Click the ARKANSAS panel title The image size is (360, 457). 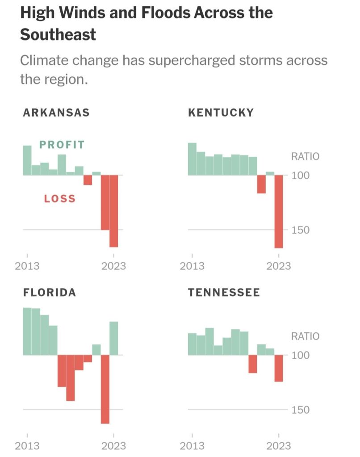[x=56, y=112]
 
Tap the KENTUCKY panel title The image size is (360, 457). [x=221, y=112]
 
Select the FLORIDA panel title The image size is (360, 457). [x=50, y=293]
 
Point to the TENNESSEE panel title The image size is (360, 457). [x=224, y=293]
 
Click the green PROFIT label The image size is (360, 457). [x=62, y=144]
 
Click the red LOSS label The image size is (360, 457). [x=60, y=199]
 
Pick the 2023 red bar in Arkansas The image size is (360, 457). [x=114, y=211]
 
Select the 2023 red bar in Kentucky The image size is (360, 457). [x=279, y=211]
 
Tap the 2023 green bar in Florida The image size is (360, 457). [x=114, y=338]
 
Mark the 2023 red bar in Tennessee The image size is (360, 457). [x=279, y=368]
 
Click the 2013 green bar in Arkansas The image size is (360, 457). [x=27, y=160]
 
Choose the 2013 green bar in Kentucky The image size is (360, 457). [x=192, y=159]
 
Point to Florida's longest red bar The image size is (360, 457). [x=105, y=389]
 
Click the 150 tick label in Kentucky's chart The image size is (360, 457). [x=301, y=230]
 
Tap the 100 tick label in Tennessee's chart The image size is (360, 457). [x=301, y=356]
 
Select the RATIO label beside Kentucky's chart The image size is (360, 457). [x=305, y=156]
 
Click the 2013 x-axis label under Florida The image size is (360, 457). [x=27, y=445]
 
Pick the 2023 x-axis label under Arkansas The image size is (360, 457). [x=114, y=266]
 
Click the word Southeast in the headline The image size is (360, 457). [x=58, y=34]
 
